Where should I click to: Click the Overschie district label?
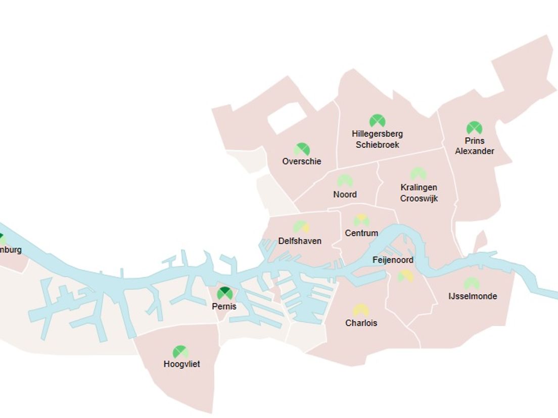[x=302, y=162]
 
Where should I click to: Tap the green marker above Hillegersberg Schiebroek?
[x=377, y=121]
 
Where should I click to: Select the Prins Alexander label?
[x=475, y=146]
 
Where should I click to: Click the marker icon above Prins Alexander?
[x=474, y=128]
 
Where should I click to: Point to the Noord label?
[x=345, y=194]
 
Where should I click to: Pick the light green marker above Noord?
[x=345, y=181]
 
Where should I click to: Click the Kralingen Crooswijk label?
[x=419, y=193]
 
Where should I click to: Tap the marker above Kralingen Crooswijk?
[x=418, y=174]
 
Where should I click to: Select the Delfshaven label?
[x=300, y=241]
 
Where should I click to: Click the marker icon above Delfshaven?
[x=301, y=227]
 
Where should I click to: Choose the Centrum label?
[x=361, y=233]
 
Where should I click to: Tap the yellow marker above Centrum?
[x=361, y=220]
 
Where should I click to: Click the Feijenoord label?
[x=393, y=260]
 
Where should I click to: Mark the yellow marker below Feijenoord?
[x=405, y=276]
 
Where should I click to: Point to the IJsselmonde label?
[x=473, y=296]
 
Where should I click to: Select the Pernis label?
[x=224, y=306]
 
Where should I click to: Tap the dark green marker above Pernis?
[x=225, y=293]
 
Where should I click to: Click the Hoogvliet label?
[x=182, y=364]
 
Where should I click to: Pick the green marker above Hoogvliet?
[x=180, y=352]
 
